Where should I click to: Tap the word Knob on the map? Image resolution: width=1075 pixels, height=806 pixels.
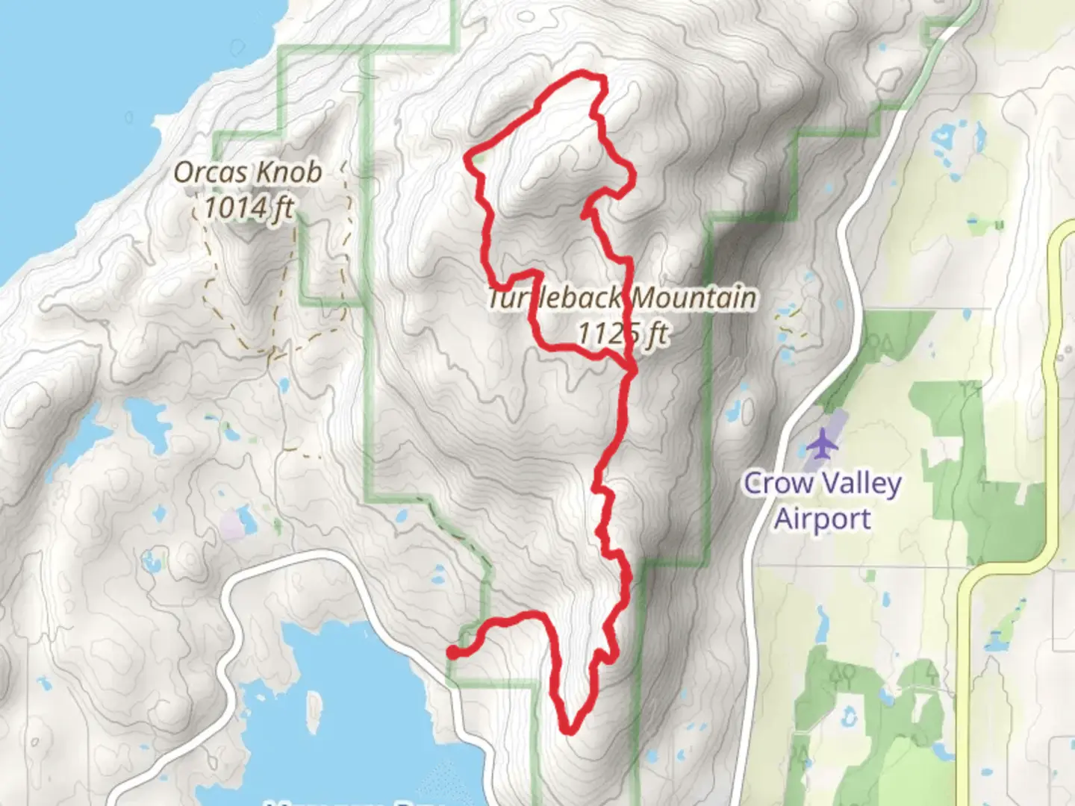(x=287, y=172)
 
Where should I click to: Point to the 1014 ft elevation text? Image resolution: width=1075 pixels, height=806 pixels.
(x=249, y=207)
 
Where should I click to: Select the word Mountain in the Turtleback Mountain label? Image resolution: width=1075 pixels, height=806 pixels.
(x=694, y=298)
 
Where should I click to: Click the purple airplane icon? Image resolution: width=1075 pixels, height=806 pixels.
(x=822, y=444)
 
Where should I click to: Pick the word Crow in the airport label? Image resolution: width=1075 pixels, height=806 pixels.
(x=778, y=484)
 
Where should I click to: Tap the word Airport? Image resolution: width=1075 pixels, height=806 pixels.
(x=822, y=518)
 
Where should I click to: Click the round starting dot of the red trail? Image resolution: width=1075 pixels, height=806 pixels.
(x=452, y=653)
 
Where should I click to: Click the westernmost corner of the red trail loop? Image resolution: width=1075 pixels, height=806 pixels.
(x=469, y=157)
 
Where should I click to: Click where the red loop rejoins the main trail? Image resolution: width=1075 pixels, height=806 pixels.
(x=632, y=369)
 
